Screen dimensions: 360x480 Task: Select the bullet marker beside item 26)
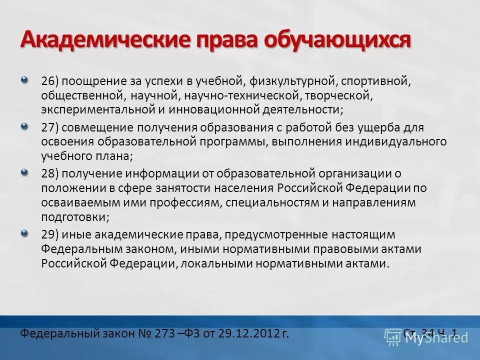click(25, 79)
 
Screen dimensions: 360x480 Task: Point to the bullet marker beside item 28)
click(25, 172)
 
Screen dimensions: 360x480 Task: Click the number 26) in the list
click(50, 80)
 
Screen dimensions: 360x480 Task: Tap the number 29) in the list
click(50, 234)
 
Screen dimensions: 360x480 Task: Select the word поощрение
click(91, 80)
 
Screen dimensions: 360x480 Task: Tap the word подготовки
click(74, 217)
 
